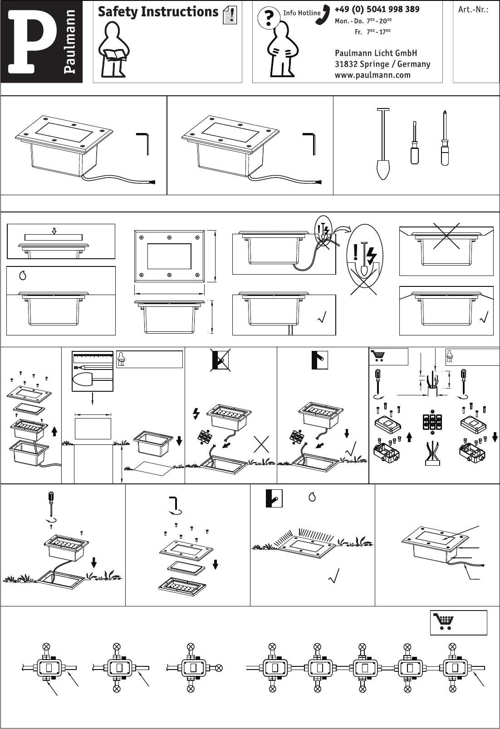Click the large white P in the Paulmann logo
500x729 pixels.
pyautogui.click(x=32, y=41)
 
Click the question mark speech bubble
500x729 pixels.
pyautogui.click(x=269, y=18)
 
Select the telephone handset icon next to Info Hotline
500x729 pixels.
pyautogui.click(x=323, y=15)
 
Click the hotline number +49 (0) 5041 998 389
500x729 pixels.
pyautogui.click(x=377, y=9)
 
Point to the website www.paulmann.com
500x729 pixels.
pyautogui.click(x=373, y=75)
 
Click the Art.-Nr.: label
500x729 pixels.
pyautogui.click(x=473, y=10)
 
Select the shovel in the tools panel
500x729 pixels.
pyautogui.click(x=383, y=144)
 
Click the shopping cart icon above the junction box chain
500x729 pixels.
pyautogui.click(x=444, y=621)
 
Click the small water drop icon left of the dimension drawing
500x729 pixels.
pyautogui.click(x=23, y=276)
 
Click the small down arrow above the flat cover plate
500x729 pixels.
pyautogui.click(x=54, y=231)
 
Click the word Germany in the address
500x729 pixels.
pyautogui.click(x=414, y=64)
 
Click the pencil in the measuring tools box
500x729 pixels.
pyautogui.click(x=93, y=367)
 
